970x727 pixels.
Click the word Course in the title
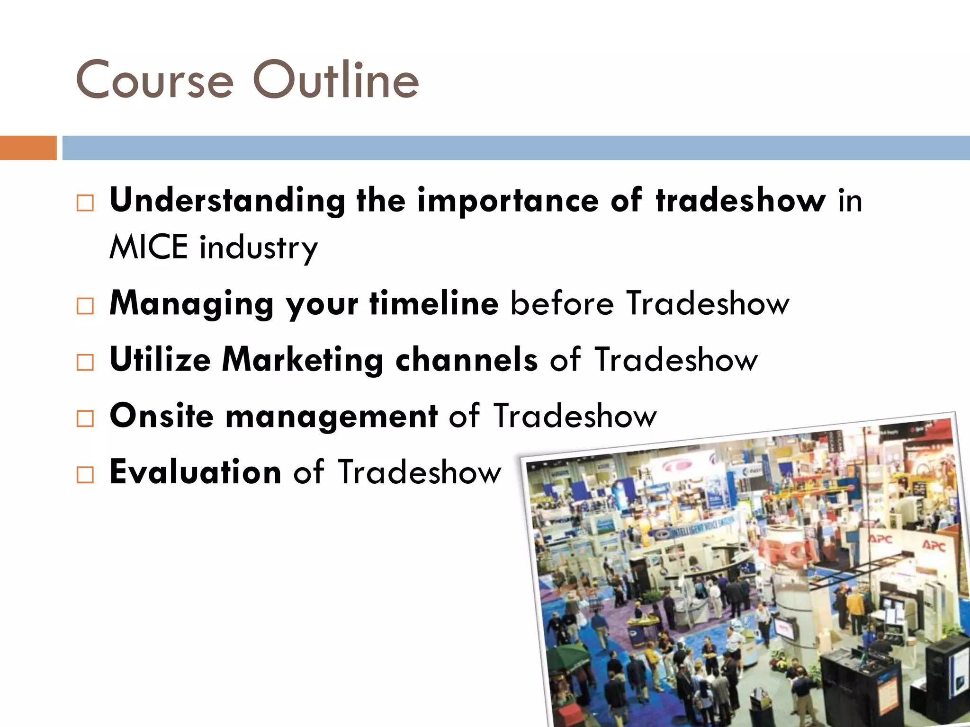point(154,80)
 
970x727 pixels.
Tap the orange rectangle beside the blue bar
point(28,148)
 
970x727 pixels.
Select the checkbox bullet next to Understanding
point(85,203)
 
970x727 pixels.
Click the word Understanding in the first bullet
point(227,201)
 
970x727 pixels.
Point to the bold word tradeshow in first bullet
point(741,201)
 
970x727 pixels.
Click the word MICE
point(148,247)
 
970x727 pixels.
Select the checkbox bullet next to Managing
point(85,306)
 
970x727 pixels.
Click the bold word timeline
point(434,303)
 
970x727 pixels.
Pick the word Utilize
point(160,360)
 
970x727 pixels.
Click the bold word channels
point(467,360)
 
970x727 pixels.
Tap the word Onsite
point(162,416)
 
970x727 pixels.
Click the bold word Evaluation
point(196,472)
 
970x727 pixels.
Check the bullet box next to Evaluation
point(85,474)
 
